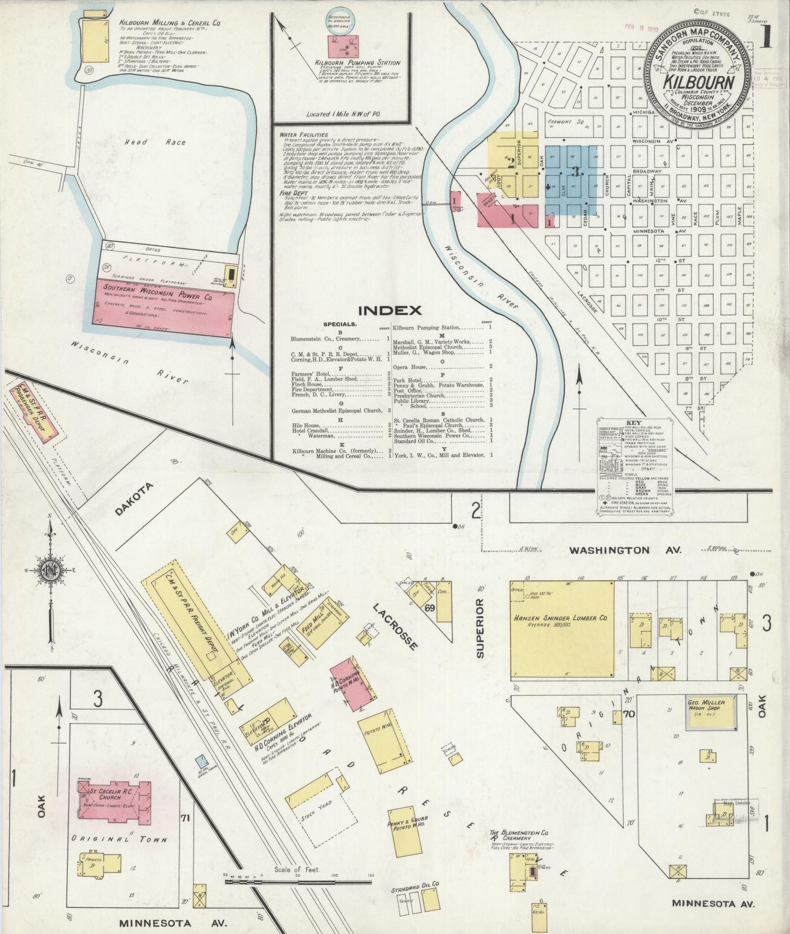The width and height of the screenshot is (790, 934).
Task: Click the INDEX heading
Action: pos(390,310)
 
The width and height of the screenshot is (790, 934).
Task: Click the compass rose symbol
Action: pos(50,571)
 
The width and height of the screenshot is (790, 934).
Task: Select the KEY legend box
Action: pos(634,467)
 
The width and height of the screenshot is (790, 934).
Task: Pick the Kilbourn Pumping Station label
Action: pos(358,63)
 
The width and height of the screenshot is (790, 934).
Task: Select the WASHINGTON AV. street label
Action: pos(625,550)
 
